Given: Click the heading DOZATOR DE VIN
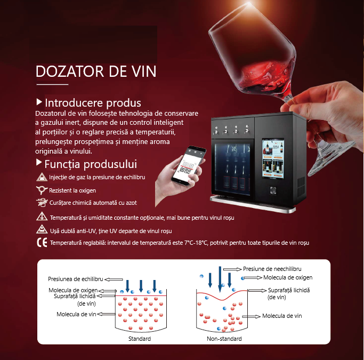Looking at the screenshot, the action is [96, 71].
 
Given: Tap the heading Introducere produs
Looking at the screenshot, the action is [93, 103].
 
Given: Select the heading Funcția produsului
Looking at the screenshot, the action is [91, 164].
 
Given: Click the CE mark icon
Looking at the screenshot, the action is [42, 243].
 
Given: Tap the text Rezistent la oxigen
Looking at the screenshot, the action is [72, 190].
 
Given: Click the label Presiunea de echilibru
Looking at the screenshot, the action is [76, 279].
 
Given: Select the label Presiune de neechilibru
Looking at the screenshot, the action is [272, 269].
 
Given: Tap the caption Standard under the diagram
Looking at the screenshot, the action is [140, 339].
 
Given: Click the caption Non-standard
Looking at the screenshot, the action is [224, 339].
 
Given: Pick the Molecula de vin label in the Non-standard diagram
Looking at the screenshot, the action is [282, 316].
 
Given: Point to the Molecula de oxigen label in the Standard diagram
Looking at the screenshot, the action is [73, 290].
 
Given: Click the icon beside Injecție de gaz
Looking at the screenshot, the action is [42, 177].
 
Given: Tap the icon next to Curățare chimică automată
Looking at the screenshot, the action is [42, 203].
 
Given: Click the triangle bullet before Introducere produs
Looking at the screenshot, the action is [39, 102].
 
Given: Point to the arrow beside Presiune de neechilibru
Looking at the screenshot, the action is [232, 269].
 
